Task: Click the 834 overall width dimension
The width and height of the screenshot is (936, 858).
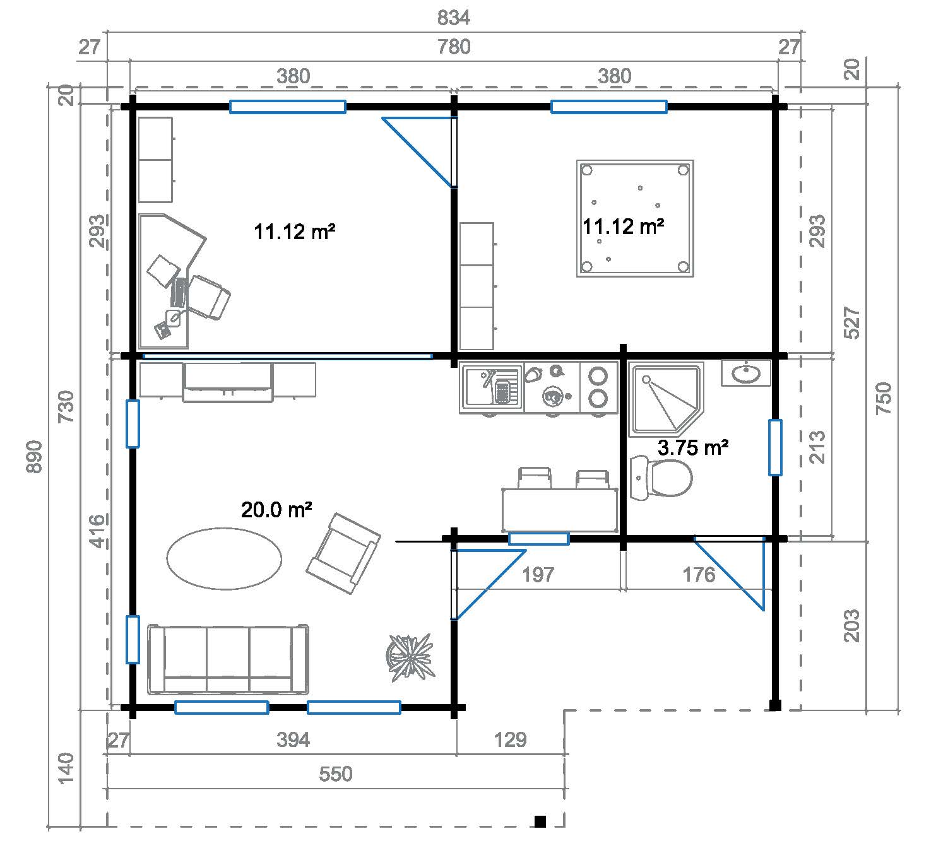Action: pos(454,18)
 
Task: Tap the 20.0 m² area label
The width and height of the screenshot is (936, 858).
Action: pos(276,510)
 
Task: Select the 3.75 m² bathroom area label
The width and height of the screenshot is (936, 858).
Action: pos(693,448)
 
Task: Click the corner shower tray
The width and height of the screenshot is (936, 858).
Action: pos(662,397)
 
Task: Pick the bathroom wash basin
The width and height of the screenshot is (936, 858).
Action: pos(746,373)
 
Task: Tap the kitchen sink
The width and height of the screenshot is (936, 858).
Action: pos(491,386)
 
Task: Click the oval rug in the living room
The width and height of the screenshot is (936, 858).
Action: pos(224,558)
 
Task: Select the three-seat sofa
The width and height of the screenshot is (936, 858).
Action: pos(228,659)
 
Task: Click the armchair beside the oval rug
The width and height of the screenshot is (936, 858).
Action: pos(343,553)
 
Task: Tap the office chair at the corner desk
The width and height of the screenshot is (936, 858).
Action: pos(208,297)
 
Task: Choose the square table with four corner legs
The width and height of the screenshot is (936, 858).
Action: pos(635,218)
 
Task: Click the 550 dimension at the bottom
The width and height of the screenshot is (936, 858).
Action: pos(335,774)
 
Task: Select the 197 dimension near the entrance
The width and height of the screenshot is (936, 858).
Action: pos(538,575)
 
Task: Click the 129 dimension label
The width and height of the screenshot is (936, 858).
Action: pos(510,739)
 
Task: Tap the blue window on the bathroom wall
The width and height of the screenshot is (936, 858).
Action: pos(775,447)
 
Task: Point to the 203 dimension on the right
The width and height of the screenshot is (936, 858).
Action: pos(851,625)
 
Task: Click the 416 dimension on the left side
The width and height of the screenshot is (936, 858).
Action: pos(95,531)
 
